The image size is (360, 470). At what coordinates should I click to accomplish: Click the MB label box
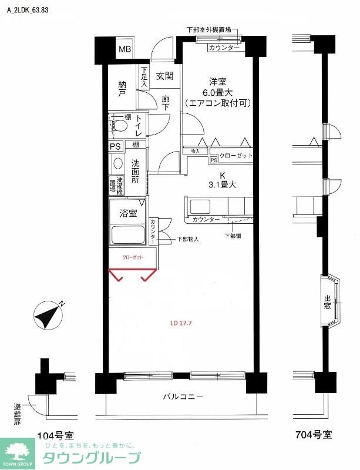pyautogui.click(x=126, y=49)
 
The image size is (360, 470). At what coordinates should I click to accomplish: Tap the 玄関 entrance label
pyautogui.click(x=164, y=76)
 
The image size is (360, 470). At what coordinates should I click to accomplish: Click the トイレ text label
pyautogui.click(x=138, y=126)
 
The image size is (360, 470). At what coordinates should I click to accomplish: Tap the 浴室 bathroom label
pyautogui.click(x=129, y=213)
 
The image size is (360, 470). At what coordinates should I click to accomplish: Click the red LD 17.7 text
pyautogui.click(x=181, y=323)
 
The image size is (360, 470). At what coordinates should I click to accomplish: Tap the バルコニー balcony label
pyautogui.click(x=183, y=397)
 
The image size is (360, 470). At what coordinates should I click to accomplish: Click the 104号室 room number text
pyautogui.click(x=55, y=435)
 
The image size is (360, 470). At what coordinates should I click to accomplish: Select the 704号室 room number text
pyautogui.click(x=313, y=435)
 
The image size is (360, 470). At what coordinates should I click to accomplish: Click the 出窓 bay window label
pyautogui.click(x=327, y=303)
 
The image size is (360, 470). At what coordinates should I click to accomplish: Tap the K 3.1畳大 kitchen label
pyautogui.click(x=223, y=180)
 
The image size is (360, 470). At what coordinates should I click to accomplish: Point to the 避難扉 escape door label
pyautogui.click(x=16, y=414)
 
